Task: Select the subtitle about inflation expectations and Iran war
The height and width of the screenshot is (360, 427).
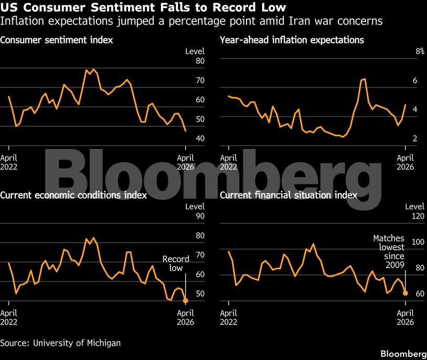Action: tap(191, 21)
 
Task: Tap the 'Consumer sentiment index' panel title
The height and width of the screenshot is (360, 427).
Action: tap(57, 40)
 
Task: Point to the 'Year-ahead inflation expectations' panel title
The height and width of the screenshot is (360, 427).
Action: tap(292, 40)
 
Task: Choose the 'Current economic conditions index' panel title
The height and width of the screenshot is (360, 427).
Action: tap(73, 195)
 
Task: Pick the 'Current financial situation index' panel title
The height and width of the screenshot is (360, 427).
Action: tap(289, 195)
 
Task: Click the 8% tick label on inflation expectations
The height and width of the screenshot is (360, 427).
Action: tap(405, 51)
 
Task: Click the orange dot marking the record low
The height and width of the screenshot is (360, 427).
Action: tap(185, 300)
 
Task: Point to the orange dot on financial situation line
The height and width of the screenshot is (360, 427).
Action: tap(405, 292)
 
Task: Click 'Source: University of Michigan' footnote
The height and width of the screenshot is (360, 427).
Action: tap(60, 343)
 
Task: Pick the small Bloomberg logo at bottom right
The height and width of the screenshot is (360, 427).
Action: tap(403, 352)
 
